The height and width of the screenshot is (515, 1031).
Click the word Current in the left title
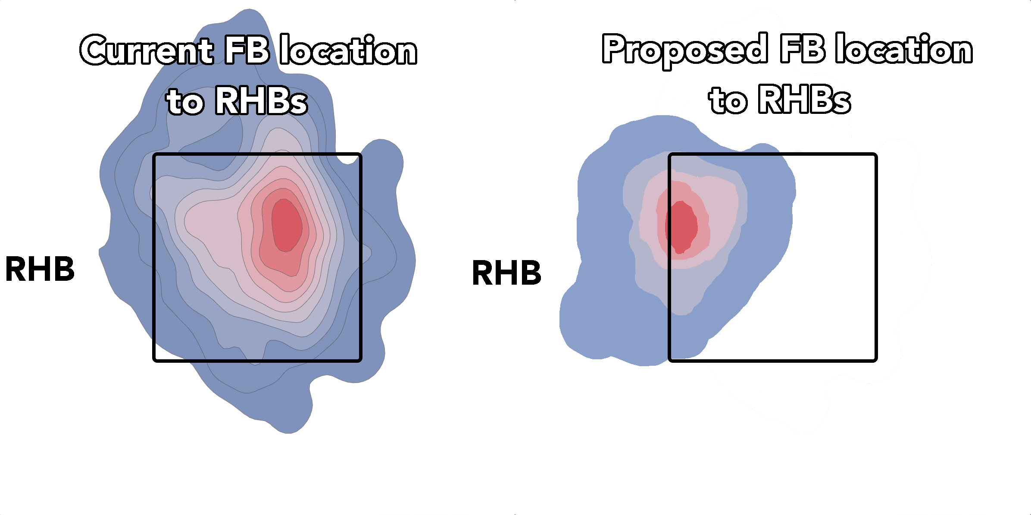(x=147, y=51)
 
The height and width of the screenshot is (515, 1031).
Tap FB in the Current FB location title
(x=247, y=50)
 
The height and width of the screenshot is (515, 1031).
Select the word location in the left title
(x=348, y=51)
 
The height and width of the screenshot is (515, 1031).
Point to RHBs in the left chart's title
(x=261, y=101)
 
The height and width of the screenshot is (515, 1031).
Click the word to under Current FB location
(x=185, y=103)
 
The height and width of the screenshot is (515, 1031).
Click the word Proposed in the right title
(x=685, y=50)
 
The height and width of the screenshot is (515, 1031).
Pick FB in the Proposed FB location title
(x=802, y=49)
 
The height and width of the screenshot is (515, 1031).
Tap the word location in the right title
(x=904, y=49)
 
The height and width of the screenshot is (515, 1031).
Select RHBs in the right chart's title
(x=804, y=100)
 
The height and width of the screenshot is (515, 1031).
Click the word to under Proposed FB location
(x=728, y=101)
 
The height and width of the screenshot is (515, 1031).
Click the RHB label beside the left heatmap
(x=40, y=269)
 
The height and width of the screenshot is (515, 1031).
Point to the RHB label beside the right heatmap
(x=507, y=273)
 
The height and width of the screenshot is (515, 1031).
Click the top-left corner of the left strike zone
(x=155, y=155)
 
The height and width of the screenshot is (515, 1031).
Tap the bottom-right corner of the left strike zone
(x=360, y=359)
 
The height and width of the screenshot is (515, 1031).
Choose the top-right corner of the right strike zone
(x=875, y=155)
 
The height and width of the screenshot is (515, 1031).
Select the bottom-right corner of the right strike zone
(x=875, y=359)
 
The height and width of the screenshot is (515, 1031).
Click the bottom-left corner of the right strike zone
(x=670, y=359)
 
